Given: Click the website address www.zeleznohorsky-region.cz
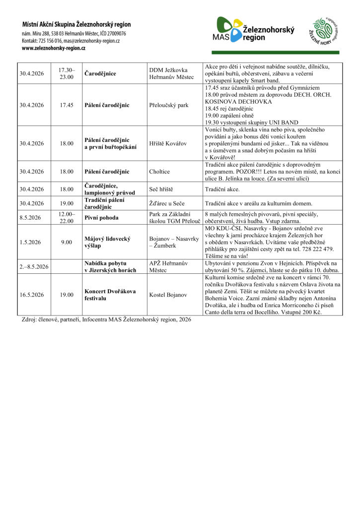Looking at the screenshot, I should pyautogui.click(x=54, y=49).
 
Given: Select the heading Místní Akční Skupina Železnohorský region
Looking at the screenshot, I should pyautogui.click(x=76, y=24).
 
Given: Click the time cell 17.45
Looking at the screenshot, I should pyautogui.click(x=67, y=105).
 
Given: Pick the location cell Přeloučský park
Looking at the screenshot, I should pyautogui.click(x=169, y=105).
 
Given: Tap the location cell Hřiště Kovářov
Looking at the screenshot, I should pyautogui.click(x=168, y=143).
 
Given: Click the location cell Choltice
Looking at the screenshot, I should pyautogui.click(x=160, y=172).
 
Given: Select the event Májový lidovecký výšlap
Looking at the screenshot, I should pyautogui.click(x=107, y=242).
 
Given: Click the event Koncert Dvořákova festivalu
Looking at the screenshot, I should pyautogui.click(x=110, y=294).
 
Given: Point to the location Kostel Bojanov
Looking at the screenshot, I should pyautogui.click(x=168, y=294).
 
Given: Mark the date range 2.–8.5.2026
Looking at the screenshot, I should pyautogui.click(x=34, y=266).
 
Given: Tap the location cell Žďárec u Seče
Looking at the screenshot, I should pyautogui.click(x=167, y=203).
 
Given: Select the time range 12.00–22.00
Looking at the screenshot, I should pyautogui.click(x=67, y=217).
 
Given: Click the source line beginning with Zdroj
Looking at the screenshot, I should pyautogui.click(x=106, y=320).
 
